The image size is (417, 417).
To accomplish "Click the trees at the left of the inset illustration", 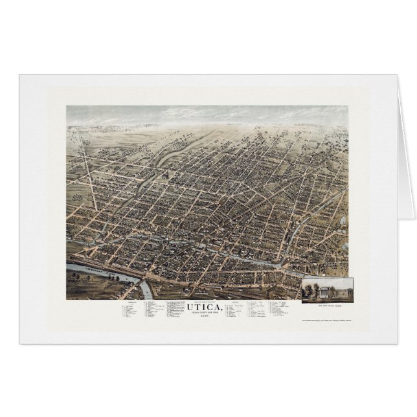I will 308,289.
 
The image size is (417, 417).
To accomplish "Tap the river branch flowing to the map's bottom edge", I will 146,291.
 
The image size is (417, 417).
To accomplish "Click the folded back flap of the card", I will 405,149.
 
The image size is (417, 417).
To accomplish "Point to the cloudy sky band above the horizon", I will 207,115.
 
